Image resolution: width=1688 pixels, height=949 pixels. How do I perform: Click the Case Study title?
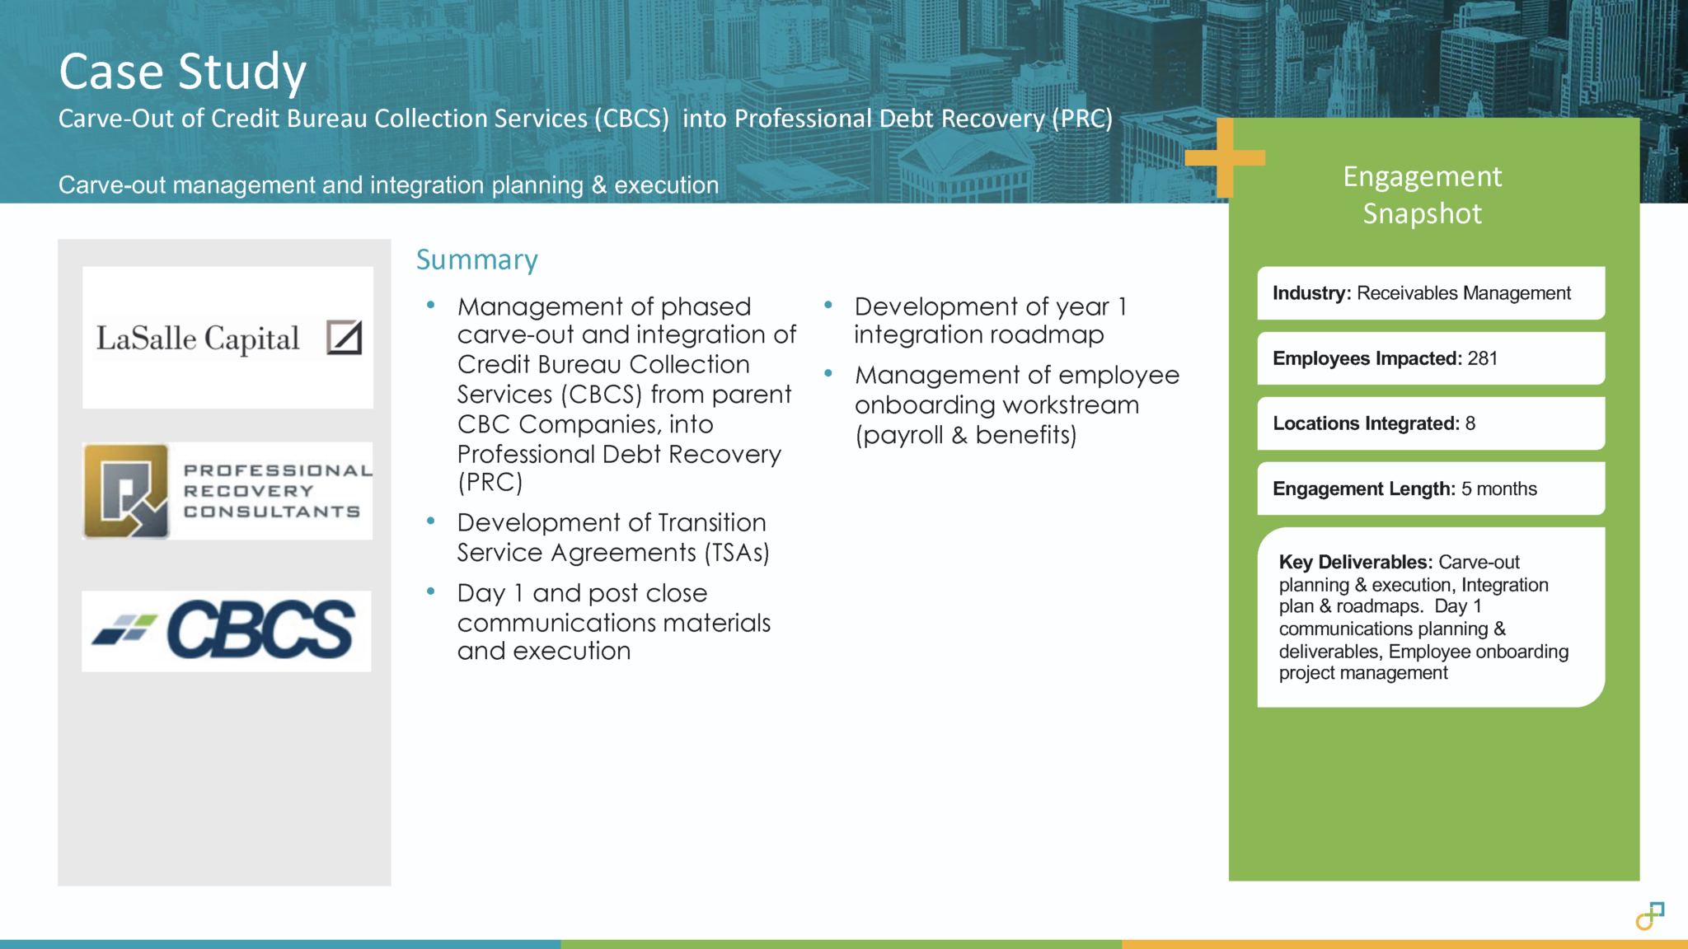(x=182, y=72)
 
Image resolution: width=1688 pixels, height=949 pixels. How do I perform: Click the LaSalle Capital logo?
(x=227, y=338)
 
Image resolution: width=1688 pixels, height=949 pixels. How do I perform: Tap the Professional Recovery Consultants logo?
(x=227, y=491)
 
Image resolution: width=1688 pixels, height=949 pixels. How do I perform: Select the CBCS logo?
(x=227, y=630)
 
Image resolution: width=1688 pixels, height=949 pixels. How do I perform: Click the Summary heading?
(x=476, y=259)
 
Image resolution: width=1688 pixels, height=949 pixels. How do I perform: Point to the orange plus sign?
(x=1225, y=157)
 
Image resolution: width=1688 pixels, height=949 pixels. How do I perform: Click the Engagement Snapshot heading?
(x=1422, y=195)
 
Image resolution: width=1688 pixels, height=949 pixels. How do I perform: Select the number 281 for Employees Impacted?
(x=1482, y=358)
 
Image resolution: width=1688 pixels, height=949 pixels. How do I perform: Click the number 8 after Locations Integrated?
(x=1470, y=423)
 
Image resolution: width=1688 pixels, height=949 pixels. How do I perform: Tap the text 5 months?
(x=1498, y=489)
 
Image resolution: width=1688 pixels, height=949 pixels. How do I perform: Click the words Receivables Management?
(x=1463, y=293)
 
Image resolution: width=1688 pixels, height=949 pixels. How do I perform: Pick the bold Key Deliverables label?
(x=1355, y=562)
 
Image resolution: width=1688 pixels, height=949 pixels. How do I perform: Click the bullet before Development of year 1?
(x=828, y=306)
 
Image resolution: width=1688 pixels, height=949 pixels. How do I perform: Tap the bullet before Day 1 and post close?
(x=430, y=591)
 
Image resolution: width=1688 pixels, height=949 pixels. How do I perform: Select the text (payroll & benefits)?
(x=965, y=435)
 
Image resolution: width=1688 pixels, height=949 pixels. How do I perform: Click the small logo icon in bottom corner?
(x=1649, y=915)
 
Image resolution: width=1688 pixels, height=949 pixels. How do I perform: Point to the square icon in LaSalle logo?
(x=344, y=338)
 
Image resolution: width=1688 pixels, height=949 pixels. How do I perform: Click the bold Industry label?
(x=1311, y=293)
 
